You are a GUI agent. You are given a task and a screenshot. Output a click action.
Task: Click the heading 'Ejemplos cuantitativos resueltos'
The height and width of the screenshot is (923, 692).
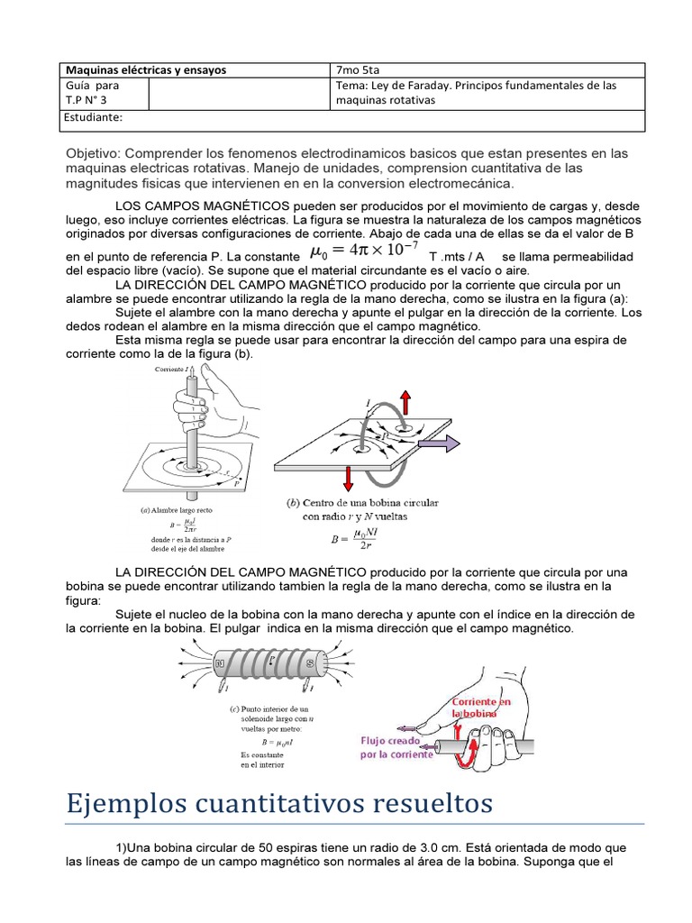tap(279, 802)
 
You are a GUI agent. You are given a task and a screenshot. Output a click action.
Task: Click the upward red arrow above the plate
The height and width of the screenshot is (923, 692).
tap(406, 402)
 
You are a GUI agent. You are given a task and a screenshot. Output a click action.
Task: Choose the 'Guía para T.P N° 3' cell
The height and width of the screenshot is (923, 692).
tap(93, 93)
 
